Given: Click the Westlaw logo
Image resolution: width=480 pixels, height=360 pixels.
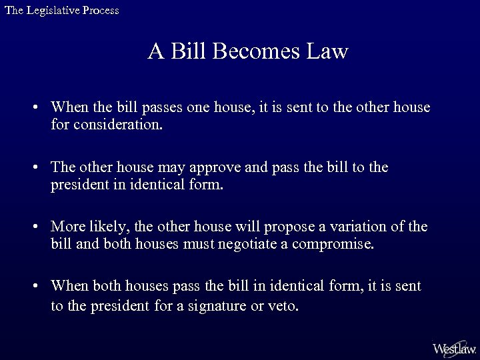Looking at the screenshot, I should coord(454,348).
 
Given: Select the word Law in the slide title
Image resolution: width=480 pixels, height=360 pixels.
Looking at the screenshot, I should coord(328,52).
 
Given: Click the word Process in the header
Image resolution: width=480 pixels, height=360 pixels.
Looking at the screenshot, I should coord(101,10).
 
